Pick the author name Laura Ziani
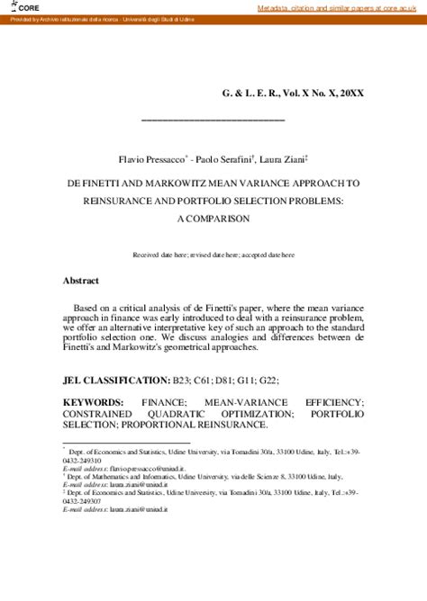point(283,159)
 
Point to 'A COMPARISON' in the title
point(212,218)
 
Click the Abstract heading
point(80,281)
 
